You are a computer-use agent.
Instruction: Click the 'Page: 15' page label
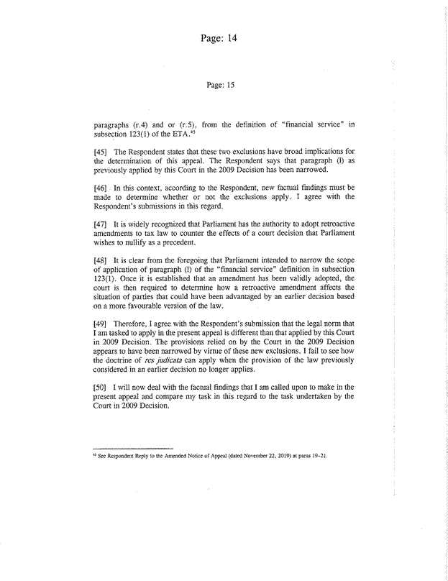coord(221,84)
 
